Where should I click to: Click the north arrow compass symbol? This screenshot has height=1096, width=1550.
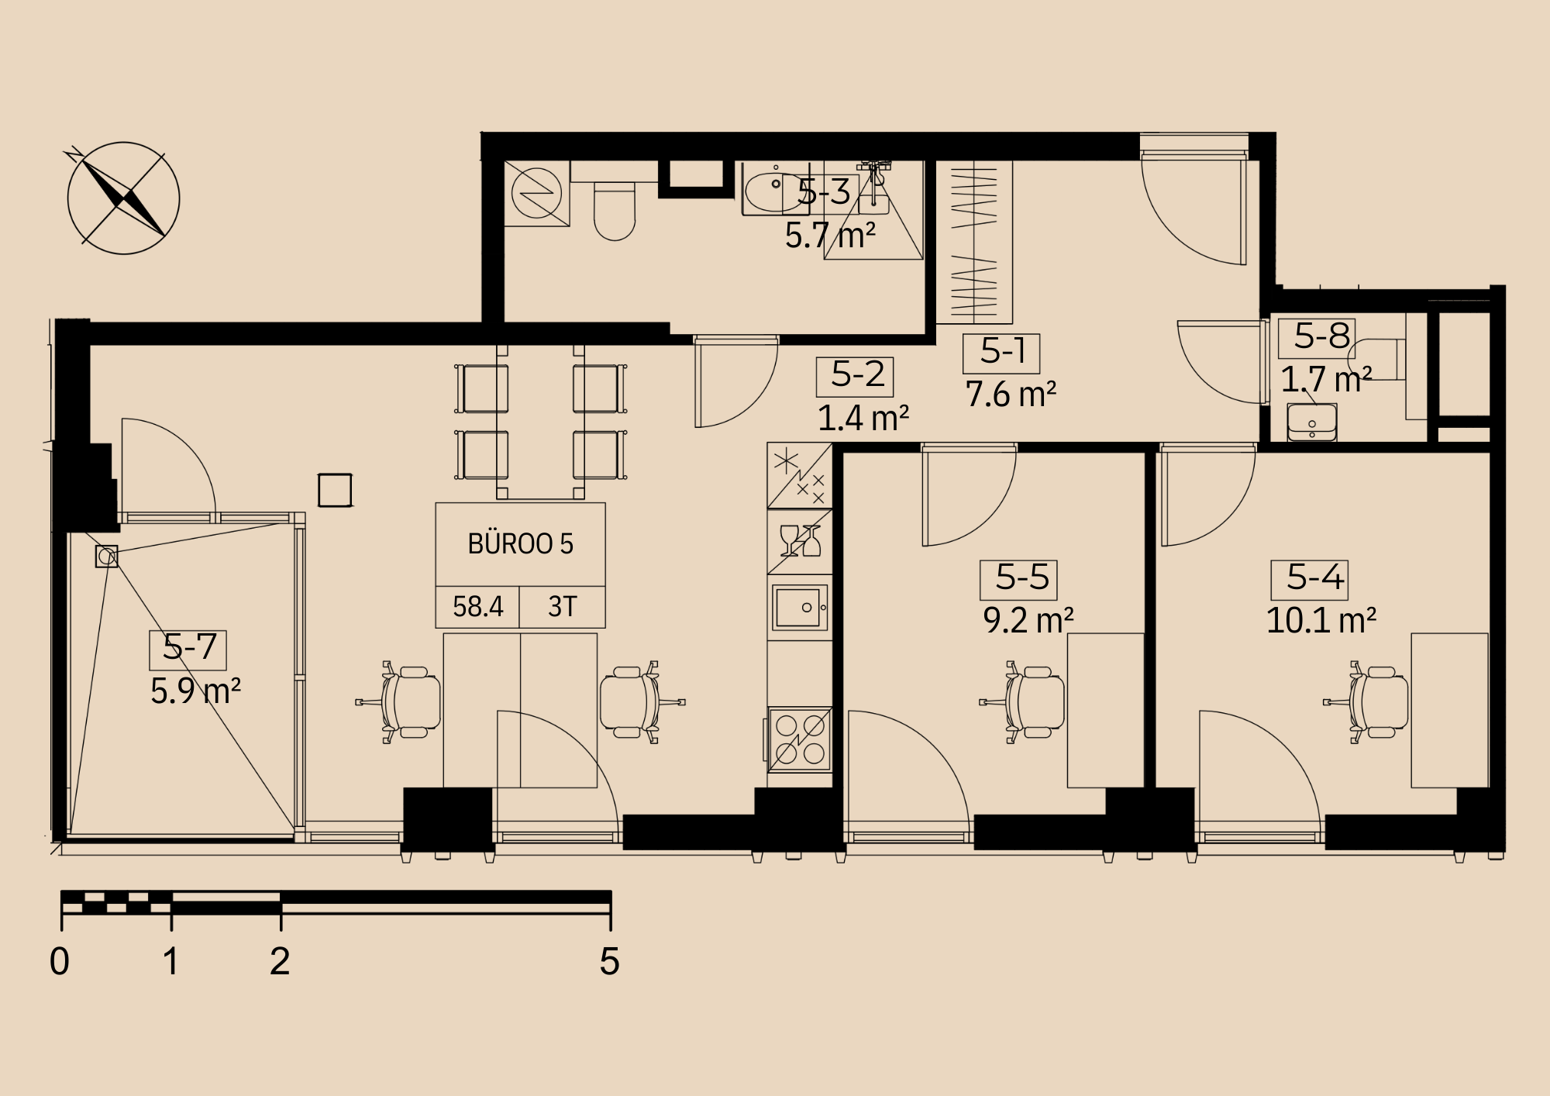pos(123,198)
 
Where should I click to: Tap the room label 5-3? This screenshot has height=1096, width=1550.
pos(824,191)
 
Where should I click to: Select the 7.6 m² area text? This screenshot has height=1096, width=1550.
pos(1011,395)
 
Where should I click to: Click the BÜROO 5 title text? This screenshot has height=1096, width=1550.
pos(521,543)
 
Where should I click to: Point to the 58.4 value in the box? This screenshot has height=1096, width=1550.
pos(478,606)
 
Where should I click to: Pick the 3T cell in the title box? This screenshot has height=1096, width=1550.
pos(563,606)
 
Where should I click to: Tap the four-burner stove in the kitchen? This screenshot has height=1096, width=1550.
pos(800,739)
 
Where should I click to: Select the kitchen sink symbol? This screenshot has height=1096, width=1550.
pos(801,608)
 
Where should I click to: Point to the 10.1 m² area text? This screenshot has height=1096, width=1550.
pos(1321,621)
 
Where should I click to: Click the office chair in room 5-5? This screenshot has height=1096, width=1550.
pos(1023,702)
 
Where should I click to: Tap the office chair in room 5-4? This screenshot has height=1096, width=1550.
pos(1366,702)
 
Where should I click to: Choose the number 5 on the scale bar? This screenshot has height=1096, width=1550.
pos(610,961)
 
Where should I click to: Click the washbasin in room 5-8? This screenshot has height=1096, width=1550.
pos(1312,422)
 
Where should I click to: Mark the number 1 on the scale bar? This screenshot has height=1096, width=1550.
pos(170,961)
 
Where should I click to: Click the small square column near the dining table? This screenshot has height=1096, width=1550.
pos(335,490)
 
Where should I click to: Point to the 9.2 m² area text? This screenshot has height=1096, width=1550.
pos(1028,621)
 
